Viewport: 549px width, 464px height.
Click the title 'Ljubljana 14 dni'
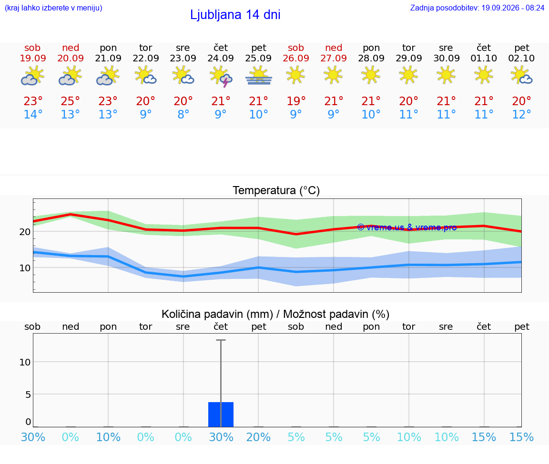pyautogui.click(x=235, y=15)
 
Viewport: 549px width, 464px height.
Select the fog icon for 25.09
pyautogui.click(x=258, y=76)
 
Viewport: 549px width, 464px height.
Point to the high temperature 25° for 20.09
pyautogui.click(x=71, y=101)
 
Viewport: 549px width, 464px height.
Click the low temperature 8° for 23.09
pyautogui.click(x=183, y=114)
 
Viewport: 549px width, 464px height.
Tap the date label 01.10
pyautogui.click(x=484, y=58)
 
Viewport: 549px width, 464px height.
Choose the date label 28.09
pyautogui.click(x=371, y=58)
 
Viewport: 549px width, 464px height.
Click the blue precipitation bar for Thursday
pyautogui.click(x=221, y=415)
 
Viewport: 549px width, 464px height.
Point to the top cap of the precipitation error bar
pyautogui.click(x=221, y=340)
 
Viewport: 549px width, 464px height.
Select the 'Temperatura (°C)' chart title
pyautogui.click(x=276, y=190)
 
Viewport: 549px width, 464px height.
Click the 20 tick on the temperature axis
pyautogui.click(x=25, y=231)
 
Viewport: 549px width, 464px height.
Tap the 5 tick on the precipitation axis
pyautogui.click(x=28, y=395)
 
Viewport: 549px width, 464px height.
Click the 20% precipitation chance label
pyautogui.click(x=258, y=437)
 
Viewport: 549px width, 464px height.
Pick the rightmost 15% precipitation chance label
pyautogui.click(x=521, y=437)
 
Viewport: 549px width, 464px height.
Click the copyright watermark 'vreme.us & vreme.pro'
pyautogui.click(x=407, y=227)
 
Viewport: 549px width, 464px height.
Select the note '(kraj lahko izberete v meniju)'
pyautogui.click(x=53, y=8)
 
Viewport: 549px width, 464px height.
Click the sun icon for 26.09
pyautogui.click(x=296, y=76)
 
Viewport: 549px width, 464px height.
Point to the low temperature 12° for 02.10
pyautogui.click(x=521, y=114)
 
